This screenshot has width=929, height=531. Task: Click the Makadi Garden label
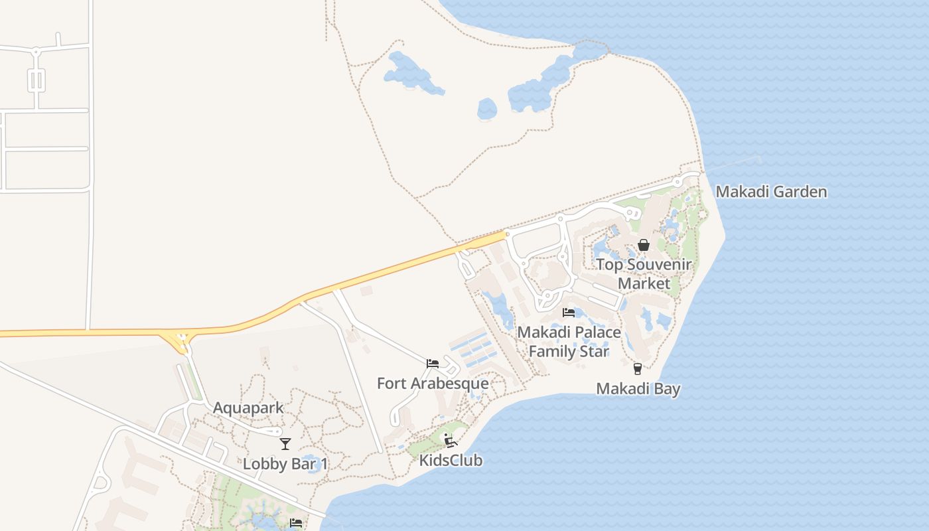click(x=771, y=192)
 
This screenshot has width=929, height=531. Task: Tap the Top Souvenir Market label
click(x=644, y=273)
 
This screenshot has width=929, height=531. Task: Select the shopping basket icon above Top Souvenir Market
click(x=643, y=245)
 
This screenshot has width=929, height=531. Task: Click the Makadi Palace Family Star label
click(x=569, y=341)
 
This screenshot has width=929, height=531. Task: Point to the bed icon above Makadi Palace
click(x=569, y=312)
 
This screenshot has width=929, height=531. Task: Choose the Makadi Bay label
click(x=638, y=388)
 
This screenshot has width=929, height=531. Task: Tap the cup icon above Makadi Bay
click(x=638, y=368)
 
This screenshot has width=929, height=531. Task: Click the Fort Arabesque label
click(x=433, y=383)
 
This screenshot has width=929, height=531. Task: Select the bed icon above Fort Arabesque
click(x=433, y=363)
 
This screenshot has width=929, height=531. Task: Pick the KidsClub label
click(x=451, y=460)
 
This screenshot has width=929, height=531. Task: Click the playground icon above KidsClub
click(x=451, y=440)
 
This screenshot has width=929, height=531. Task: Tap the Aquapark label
click(x=248, y=408)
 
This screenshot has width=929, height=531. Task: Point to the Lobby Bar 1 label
click(x=285, y=463)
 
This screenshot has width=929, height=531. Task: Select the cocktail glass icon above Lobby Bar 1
click(x=285, y=443)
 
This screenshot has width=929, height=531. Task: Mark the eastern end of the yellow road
click(x=505, y=234)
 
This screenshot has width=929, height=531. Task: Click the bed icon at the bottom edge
click(x=296, y=523)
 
